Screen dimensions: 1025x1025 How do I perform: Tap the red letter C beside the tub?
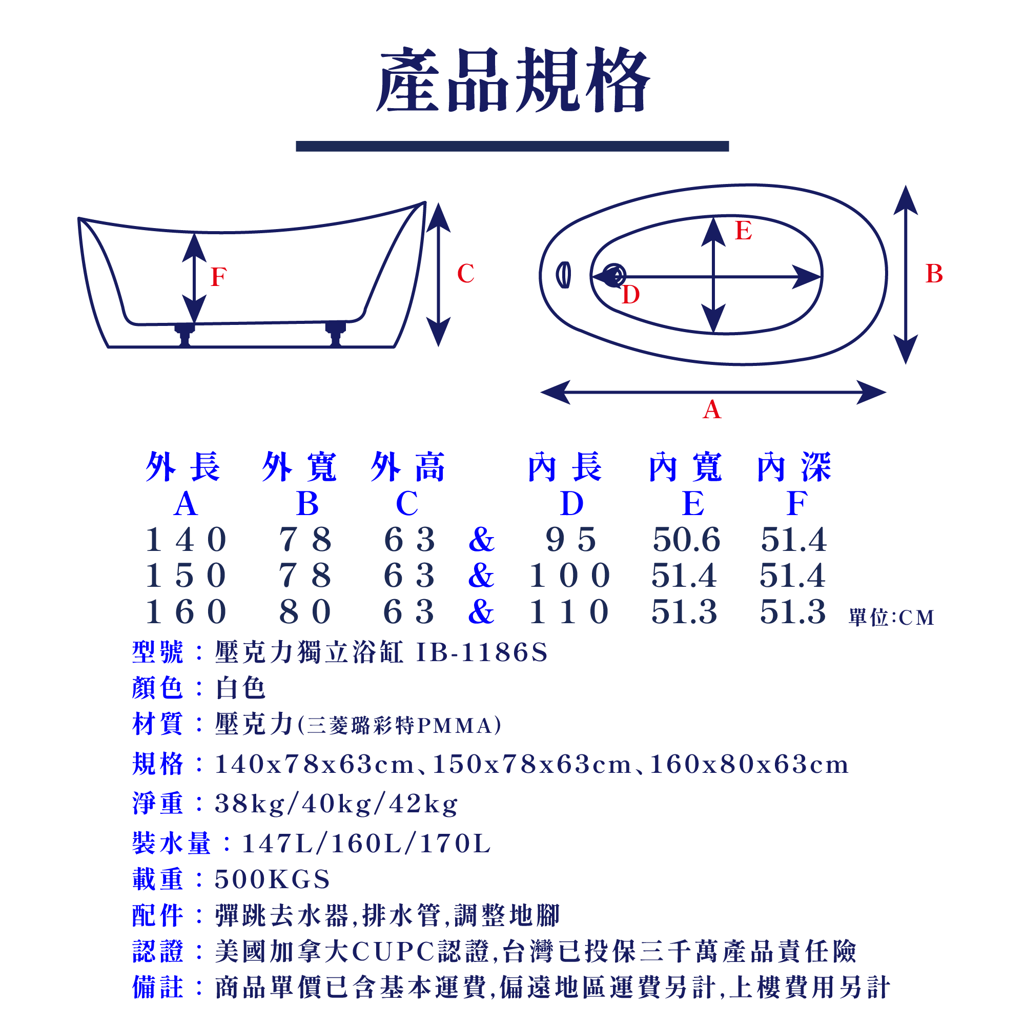click(465, 274)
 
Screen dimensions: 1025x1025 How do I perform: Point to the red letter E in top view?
click(743, 231)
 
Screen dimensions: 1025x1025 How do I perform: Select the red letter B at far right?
click(934, 274)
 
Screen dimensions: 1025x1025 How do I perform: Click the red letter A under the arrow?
click(711, 409)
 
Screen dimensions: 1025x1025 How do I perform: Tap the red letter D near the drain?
click(630, 295)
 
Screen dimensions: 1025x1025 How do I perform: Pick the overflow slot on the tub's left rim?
click(563, 275)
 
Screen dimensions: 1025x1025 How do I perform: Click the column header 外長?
click(183, 467)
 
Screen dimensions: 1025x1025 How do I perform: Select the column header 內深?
click(794, 467)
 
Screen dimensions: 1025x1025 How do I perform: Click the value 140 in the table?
click(186, 540)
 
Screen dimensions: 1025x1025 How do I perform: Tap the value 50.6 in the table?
click(687, 540)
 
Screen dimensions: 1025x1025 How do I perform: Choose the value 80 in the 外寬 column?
click(305, 612)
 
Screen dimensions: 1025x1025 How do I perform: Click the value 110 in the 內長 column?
click(569, 612)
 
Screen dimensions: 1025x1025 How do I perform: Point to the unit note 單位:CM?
click(891, 618)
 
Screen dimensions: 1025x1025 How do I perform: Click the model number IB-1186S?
click(482, 652)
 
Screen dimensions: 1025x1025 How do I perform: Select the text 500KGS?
click(272, 879)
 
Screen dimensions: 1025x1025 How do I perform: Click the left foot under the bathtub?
click(184, 334)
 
